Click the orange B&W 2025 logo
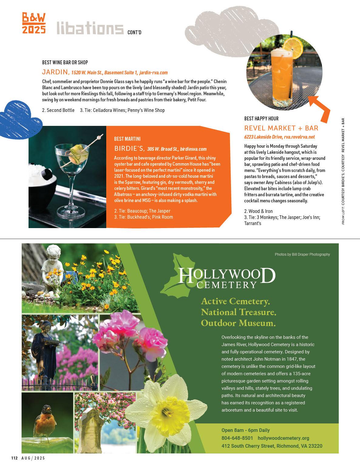tap(34, 23)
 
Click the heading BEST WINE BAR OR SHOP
tap(65, 62)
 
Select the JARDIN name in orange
tap(55, 72)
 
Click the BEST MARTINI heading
tap(127, 139)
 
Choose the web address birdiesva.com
tap(193, 149)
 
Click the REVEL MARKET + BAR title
tap(281, 128)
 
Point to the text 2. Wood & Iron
tap(258, 211)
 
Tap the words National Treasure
tap(238, 312)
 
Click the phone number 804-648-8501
tap(237, 438)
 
